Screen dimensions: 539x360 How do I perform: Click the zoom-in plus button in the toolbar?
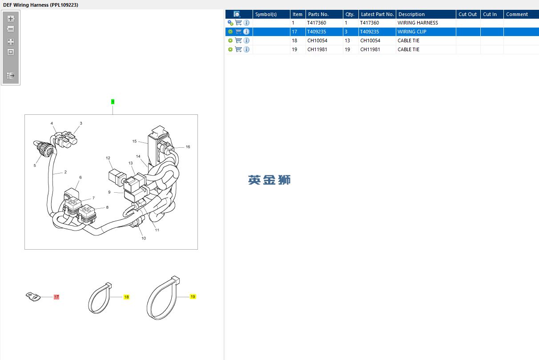pos(11,19)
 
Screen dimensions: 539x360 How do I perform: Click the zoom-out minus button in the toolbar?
pos(11,29)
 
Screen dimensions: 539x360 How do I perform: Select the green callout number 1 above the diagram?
pos(113,102)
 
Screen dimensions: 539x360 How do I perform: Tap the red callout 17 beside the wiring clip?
pos(56,297)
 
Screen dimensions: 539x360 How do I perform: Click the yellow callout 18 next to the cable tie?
pos(126,297)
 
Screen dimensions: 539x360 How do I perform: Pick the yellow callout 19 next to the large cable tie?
pos(193,297)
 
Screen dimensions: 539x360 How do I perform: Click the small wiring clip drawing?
pos(33,297)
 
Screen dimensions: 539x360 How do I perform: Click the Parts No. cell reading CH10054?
pos(317,40)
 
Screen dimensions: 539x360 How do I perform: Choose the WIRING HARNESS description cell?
pos(418,23)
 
